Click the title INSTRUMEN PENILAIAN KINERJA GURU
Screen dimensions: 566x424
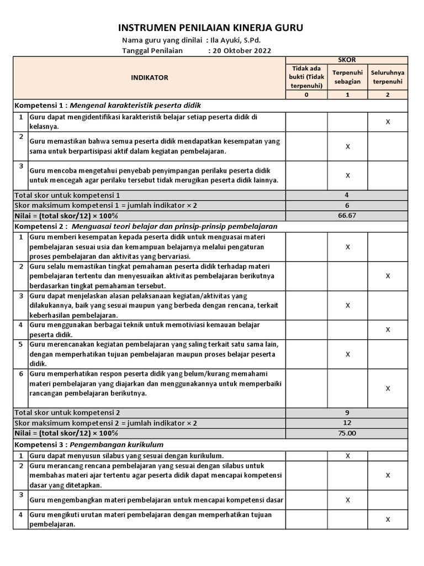point(211,28)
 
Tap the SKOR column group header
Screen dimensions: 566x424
point(347,60)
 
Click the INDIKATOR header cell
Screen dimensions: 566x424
point(150,78)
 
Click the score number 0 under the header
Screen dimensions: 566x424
point(307,95)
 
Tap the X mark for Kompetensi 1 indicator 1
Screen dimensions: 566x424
point(388,122)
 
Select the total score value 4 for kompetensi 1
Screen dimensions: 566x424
point(347,195)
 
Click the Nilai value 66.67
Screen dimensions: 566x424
point(347,216)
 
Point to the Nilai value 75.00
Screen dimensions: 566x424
point(347,433)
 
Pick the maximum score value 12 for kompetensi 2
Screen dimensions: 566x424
point(347,423)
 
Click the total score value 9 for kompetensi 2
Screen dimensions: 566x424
point(347,412)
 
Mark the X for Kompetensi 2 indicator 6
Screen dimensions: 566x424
point(388,389)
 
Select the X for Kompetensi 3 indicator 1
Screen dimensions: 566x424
point(347,456)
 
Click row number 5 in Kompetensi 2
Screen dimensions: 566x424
point(20,344)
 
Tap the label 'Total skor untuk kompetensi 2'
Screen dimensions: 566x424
point(67,412)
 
